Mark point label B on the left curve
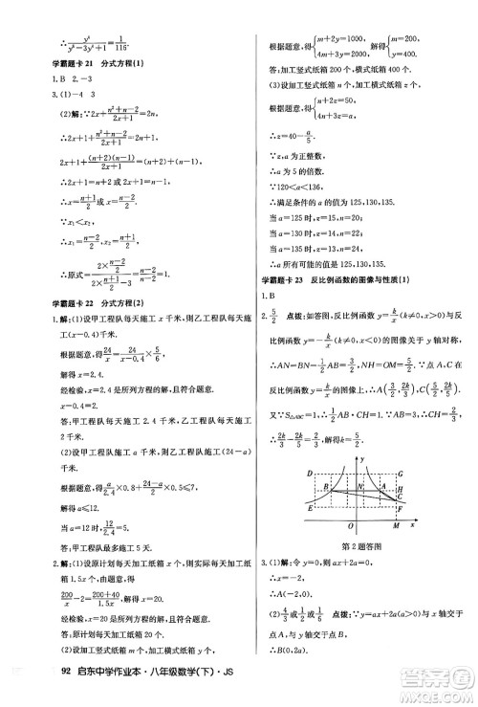(x=326, y=488)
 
